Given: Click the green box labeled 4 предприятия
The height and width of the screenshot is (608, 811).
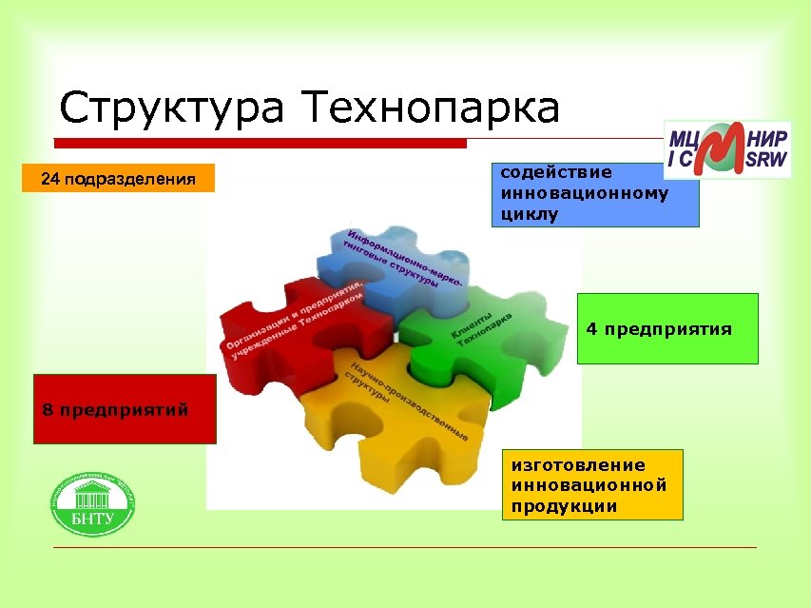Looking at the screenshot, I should pos(667,329).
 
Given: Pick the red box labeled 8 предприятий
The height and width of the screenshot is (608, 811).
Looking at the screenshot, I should pos(125,410).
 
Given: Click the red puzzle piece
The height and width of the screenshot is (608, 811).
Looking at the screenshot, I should pos(285,324).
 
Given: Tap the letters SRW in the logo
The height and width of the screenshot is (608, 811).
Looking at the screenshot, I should pos(767,162).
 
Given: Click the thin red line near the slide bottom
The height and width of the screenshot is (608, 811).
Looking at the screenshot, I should pos(404,547).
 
